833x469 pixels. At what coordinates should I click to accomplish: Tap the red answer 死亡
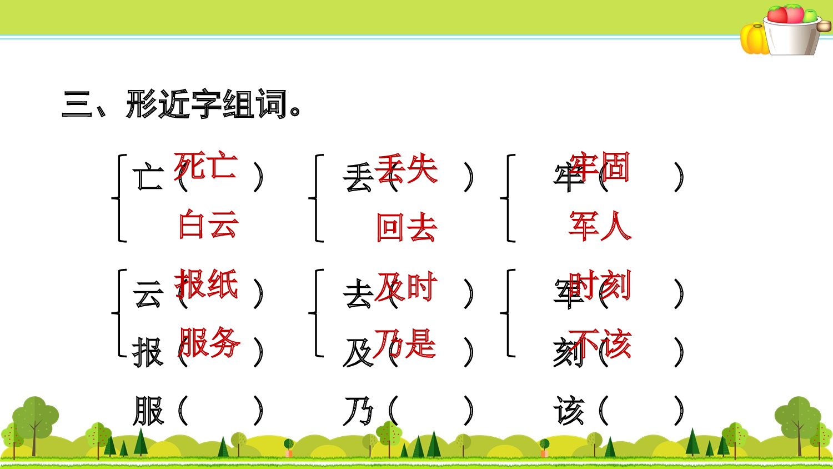pos(206,166)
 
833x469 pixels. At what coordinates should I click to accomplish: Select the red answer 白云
pos(209,224)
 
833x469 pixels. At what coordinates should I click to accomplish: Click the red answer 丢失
pos(407,168)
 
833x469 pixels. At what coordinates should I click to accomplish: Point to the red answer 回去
pos(407,227)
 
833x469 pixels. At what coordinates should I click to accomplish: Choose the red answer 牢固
pos(600,167)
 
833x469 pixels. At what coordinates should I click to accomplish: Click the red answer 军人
pos(600,226)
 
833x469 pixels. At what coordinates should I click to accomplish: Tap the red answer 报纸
pos(207,285)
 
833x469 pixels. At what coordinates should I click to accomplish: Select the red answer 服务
pos(209,342)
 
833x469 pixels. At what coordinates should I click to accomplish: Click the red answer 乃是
pos(405,343)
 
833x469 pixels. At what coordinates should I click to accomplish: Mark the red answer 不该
pos(600,343)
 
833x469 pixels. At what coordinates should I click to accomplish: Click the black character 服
pos(148,411)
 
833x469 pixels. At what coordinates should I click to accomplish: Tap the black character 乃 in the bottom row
pos(359,411)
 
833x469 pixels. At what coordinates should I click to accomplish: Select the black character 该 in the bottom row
pos(569,411)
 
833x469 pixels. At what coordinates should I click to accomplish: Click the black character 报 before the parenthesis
pos(148,353)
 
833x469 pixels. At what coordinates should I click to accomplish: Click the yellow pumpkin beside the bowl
pos(754,39)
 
